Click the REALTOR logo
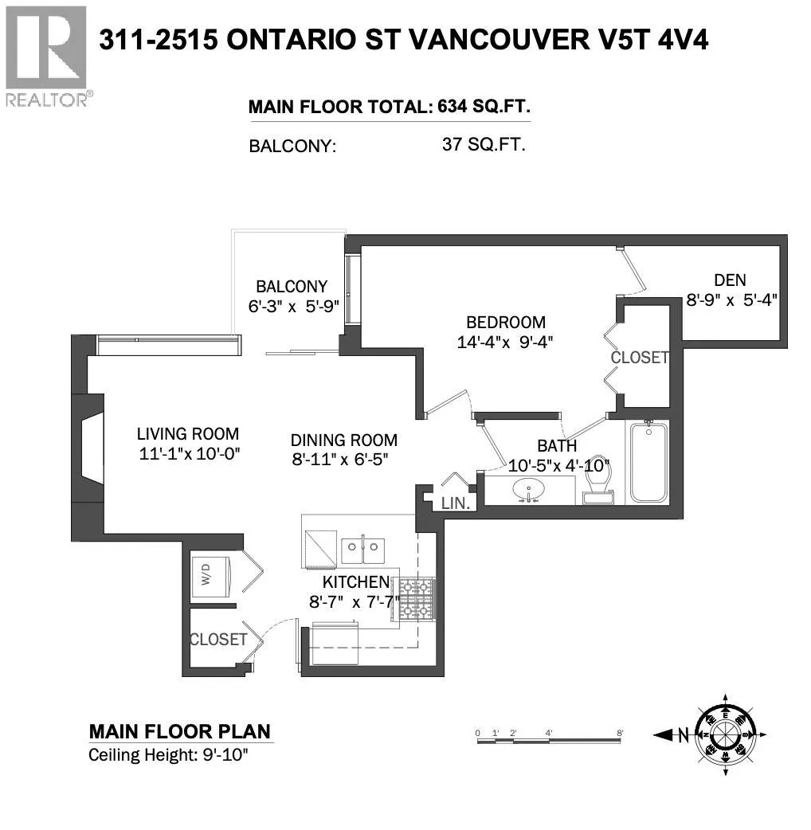point(46,56)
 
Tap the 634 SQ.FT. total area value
point(484,107)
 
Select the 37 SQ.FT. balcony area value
point(484,144)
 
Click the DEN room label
point(730,280)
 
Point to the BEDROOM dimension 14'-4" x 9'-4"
point(505,342)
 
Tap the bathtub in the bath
point(648,461)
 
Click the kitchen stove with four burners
point(416,599)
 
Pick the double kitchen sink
point(362,551)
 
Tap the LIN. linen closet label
point(456,503)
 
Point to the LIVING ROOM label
point(188,434)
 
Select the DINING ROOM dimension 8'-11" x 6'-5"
point(340,459)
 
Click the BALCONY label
point(292,287)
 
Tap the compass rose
point(725,734)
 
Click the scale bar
point(549,741)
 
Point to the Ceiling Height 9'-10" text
point(168,755)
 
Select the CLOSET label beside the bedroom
point(640,358)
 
